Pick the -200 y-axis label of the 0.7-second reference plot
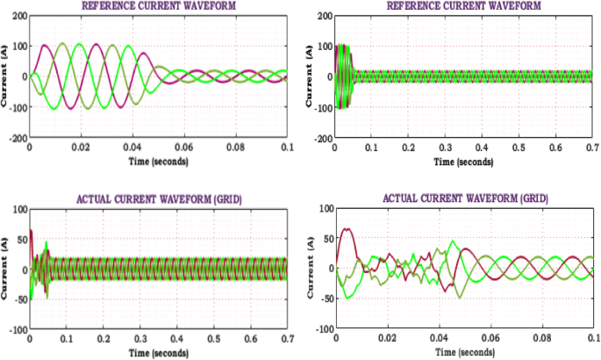coord(319,138)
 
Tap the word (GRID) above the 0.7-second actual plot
coord(225,199)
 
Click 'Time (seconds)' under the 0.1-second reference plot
coord(158,160)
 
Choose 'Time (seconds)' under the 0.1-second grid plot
coord(463,352)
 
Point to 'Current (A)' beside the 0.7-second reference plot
coord(309,77)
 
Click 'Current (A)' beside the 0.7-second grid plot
coord(6,269)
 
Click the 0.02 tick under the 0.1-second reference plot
coord(81,148)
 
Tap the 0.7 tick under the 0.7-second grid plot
coord(287,339)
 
